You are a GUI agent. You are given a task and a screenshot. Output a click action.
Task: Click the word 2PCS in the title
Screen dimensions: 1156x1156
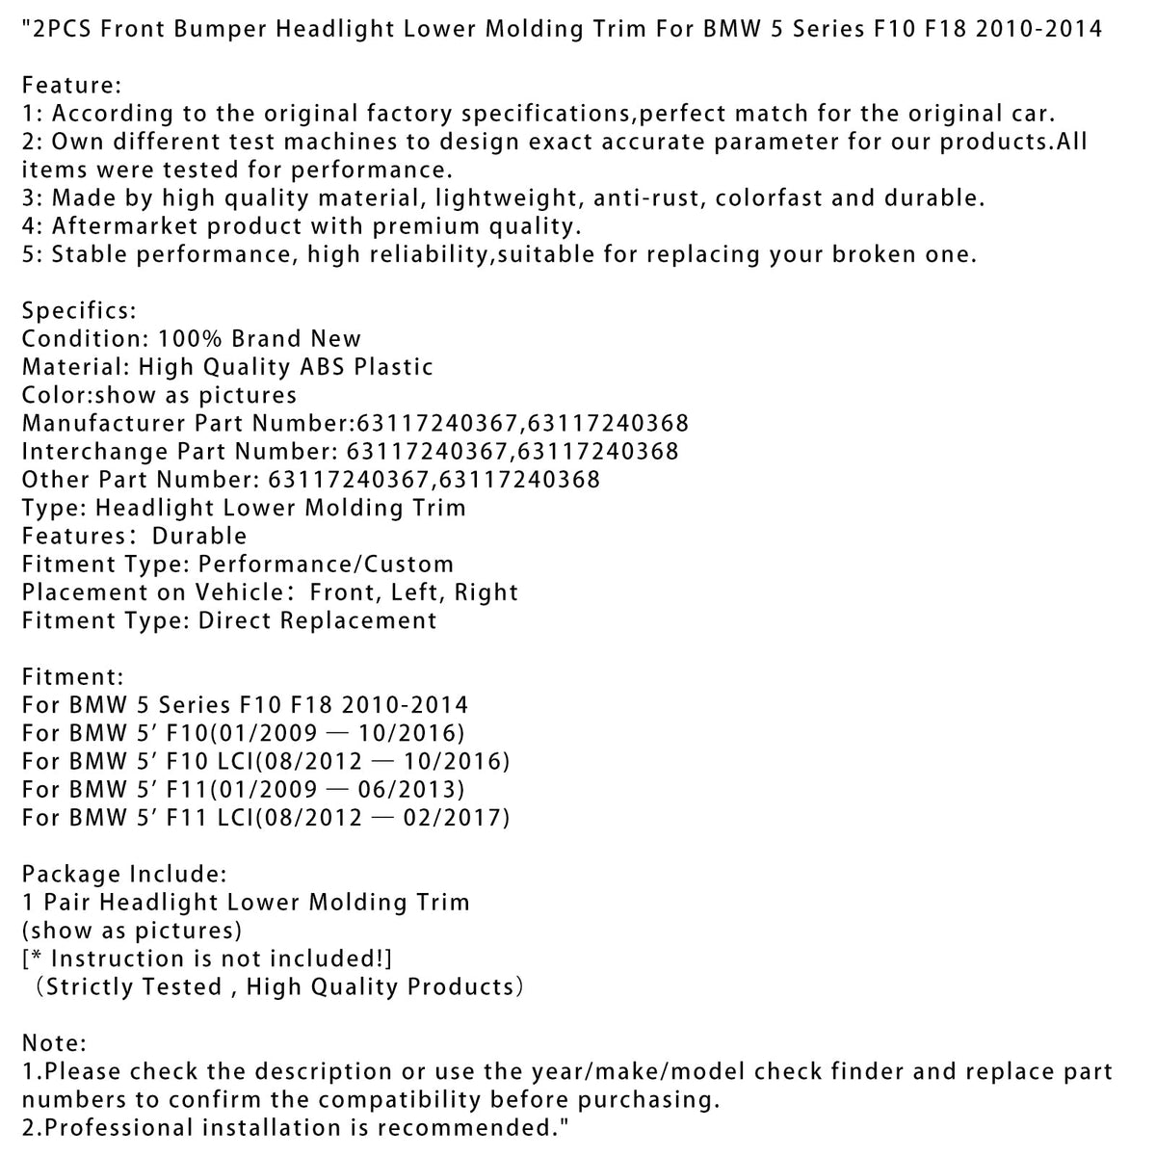click(63, 28)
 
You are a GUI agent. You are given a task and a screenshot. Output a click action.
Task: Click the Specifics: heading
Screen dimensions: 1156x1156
click(80, 311)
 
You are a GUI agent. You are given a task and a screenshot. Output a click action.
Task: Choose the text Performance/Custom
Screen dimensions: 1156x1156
click(326, 565)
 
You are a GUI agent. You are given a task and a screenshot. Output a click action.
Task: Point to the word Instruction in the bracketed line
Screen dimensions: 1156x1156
click(113, 959)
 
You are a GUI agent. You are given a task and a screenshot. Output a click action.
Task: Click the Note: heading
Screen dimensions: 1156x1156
click(55, 1043)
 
